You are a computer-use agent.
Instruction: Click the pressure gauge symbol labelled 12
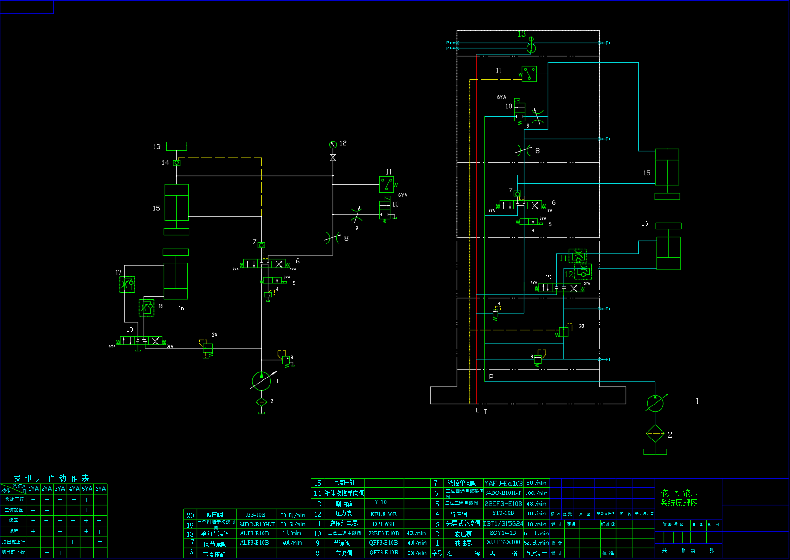click(x=332, y=145)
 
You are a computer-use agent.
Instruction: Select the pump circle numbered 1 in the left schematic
click(x=261, y=381)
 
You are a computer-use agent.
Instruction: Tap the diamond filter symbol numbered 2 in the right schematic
click(x=655, y=434)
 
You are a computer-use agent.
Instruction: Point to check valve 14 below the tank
click(x=176, y=162)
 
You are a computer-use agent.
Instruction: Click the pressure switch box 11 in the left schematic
click(x=386, y=184)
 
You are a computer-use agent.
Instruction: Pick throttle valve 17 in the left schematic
click(x=127, y=284)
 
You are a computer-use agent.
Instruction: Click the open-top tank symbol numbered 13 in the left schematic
click(x=176, y=147)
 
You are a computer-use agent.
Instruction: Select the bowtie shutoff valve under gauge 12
click(x=333, y=158)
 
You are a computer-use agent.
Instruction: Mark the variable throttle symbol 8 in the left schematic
click(x=333, y=238)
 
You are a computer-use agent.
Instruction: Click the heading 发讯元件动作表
click(x=51, y=478)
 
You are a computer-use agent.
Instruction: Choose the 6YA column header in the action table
click(x=101, y=489)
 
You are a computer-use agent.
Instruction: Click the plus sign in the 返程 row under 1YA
click(x=33, y=531)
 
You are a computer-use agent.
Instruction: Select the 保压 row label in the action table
click(x=14, y=520)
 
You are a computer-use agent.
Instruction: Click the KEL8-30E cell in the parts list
click(x=383, y=514)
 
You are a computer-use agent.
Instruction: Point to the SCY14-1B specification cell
click(x=503, y=533)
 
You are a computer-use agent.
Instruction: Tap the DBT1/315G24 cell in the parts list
click(x=503, y=524)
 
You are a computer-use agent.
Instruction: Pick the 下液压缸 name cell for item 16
click(x=214, y=554)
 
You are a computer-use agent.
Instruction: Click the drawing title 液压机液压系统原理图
click(x=679, y=498)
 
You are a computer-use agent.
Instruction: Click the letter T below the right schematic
click(x=485, y=412)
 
